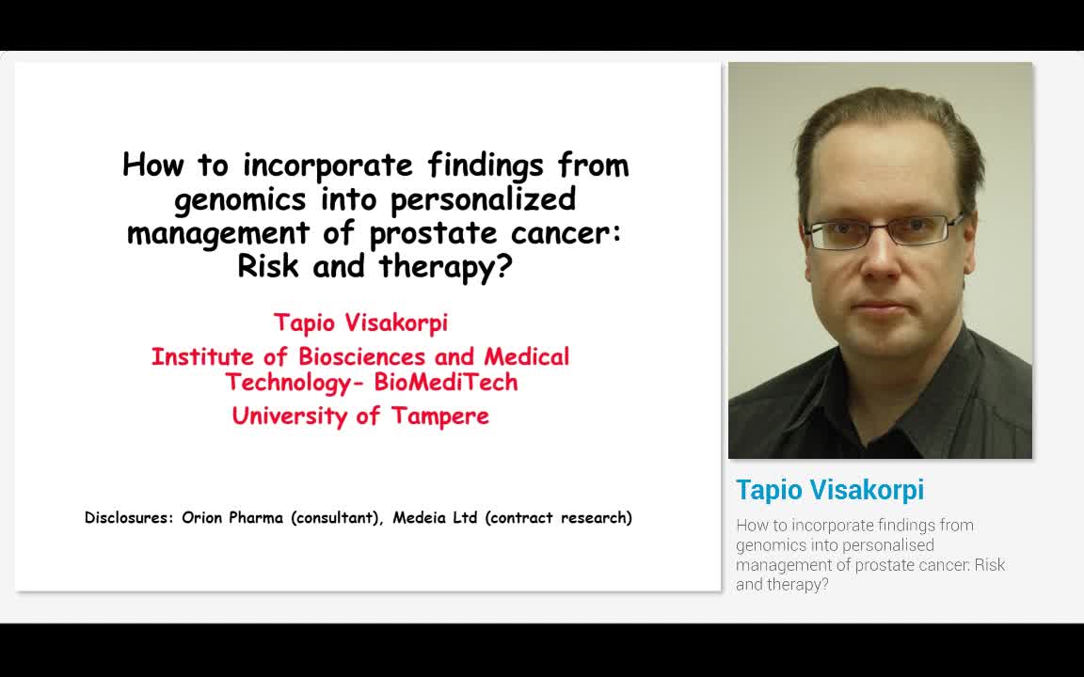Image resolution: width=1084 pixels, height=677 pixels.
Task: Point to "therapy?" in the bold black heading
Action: pyautogui.click(x=445, y=267)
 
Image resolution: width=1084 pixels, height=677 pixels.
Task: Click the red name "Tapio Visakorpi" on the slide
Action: pyautogui.click(x=360, y=323)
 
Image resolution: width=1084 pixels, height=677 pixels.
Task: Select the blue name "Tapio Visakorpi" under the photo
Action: pyautogui.click(x=829, y=490)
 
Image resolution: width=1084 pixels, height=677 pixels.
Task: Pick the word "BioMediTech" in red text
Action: pyautogui.click(x=445, y=382)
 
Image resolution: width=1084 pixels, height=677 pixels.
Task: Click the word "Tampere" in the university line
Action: pyautogui.click(x=439, y=416)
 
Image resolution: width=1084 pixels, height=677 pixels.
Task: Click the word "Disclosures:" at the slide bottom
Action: pyautogui.click(x=129, y=518)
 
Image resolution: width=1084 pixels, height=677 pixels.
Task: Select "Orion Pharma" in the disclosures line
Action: pyautogui.click(x=231, y=518)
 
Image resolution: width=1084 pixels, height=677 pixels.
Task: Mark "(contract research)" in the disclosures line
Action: pyautogui.click(x=559, y=518)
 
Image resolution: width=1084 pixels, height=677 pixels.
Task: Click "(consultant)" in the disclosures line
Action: pyautogui.click(x=336, y=518)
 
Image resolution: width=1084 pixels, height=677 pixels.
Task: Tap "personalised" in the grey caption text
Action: pyautogui.click(x=885, y=545)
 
